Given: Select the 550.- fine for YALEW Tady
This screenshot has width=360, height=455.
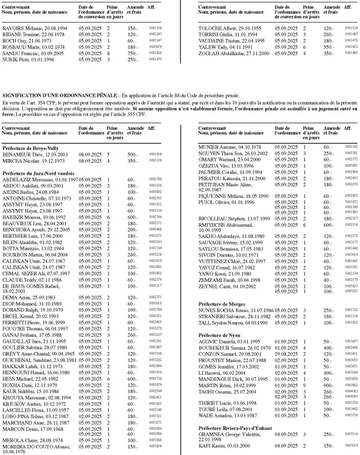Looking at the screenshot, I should pyautogui.click(x=329, y=46).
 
